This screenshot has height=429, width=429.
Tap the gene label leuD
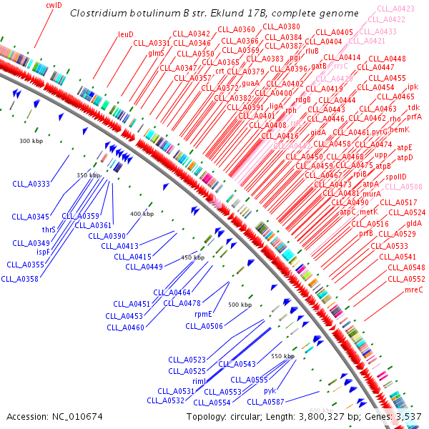pos(126,34)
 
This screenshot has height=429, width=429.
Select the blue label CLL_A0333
pos(31,184)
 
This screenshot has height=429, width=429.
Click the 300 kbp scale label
pos(31,142)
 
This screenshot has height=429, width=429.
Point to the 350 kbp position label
pos(89,175)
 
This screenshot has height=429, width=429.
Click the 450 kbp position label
pos(192,257)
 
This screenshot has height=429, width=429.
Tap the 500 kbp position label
pos(240,305)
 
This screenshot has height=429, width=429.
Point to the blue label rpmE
pos(204,313)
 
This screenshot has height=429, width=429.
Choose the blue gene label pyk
pos(270,390)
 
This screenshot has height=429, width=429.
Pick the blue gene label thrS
pos(49,230)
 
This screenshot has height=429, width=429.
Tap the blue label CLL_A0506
pos(204,326)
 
